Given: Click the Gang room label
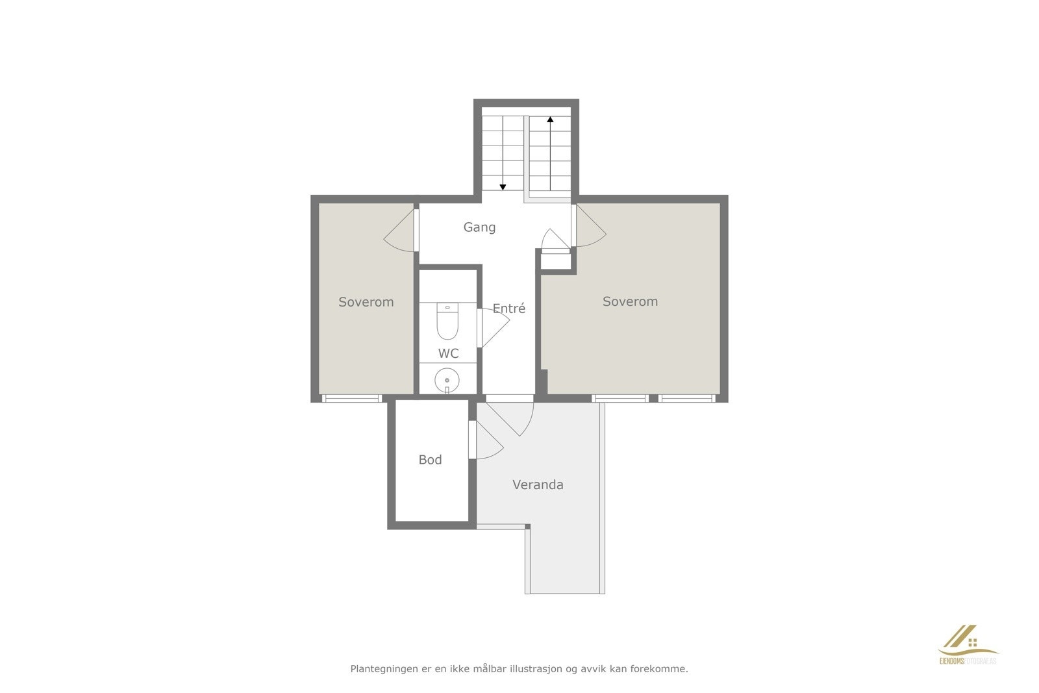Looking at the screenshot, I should [479, 227].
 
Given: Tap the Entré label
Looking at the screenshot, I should [508, 309].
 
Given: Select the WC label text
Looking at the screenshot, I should [448, 354].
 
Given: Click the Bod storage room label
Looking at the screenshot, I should [430, 460].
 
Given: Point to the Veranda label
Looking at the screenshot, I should [538, 485].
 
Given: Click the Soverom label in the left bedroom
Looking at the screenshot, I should [366, 302].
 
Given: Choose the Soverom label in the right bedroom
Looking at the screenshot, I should [630, 301].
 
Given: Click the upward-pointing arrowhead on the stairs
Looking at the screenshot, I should [550, 120].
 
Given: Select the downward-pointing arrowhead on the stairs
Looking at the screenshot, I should [503, 187].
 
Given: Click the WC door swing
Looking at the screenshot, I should [493, 328].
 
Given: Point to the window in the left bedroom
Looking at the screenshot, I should [351, 398].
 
